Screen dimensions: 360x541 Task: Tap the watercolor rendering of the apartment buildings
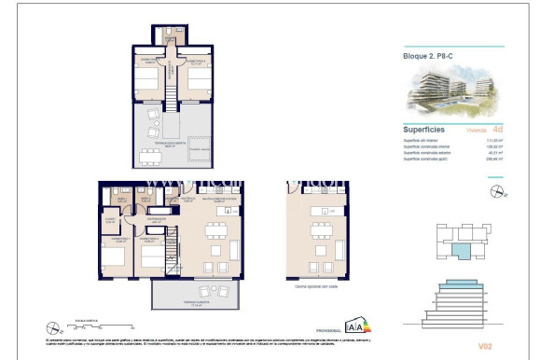(454, 92)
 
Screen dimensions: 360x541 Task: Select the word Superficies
(423, 130)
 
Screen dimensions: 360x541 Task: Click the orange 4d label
(497, 131)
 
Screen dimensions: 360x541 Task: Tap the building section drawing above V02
(457, 303)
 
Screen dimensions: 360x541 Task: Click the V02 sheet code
(485, 346)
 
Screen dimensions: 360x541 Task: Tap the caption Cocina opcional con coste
(316, 289)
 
